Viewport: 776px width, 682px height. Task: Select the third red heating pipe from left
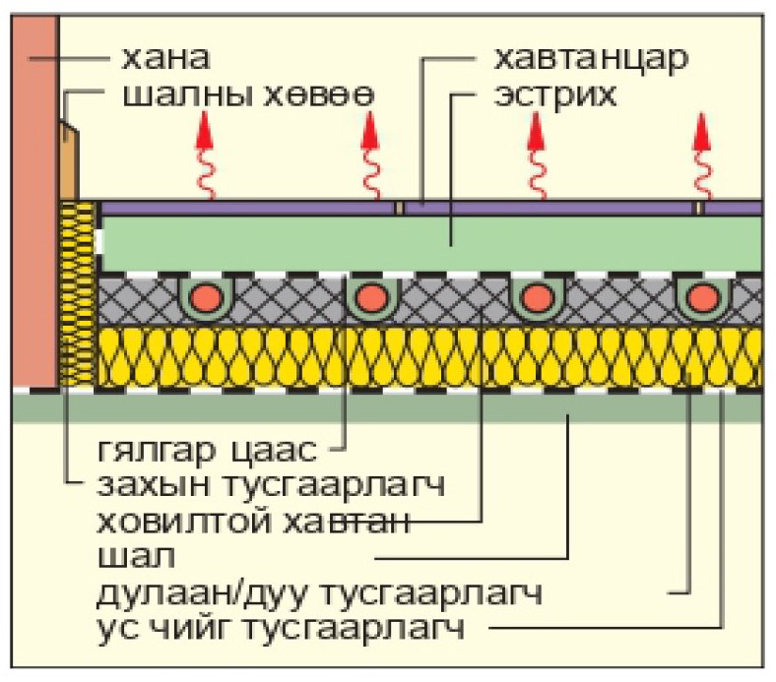coord(536,296)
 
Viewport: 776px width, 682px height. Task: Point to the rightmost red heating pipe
coord(702,296)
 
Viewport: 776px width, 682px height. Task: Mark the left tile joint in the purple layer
coord(400,208)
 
